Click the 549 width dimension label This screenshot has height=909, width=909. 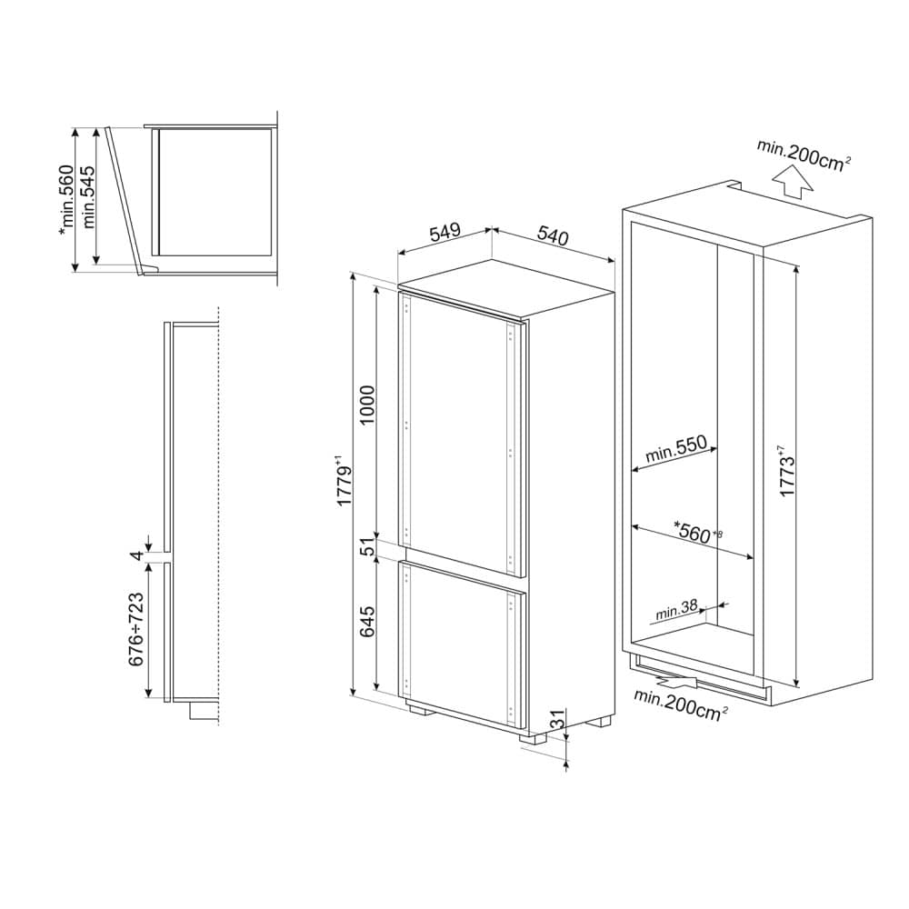pos(445,232)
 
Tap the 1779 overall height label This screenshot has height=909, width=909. pos(344,483)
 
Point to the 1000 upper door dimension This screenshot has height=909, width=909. pos(367,405)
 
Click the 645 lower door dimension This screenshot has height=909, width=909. pos(367,622)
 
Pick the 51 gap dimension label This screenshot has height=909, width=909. pos(368,546)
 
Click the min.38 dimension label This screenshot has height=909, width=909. pos(676,609)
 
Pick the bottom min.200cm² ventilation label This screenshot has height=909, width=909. pos(681,704)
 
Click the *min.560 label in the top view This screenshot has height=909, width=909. pos(66,200)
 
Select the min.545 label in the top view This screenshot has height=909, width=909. pos(88,196)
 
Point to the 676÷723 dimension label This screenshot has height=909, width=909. pos(136,629)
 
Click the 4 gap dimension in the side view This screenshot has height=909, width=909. pos(137,554)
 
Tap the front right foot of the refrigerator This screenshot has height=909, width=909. pos(534,737)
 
